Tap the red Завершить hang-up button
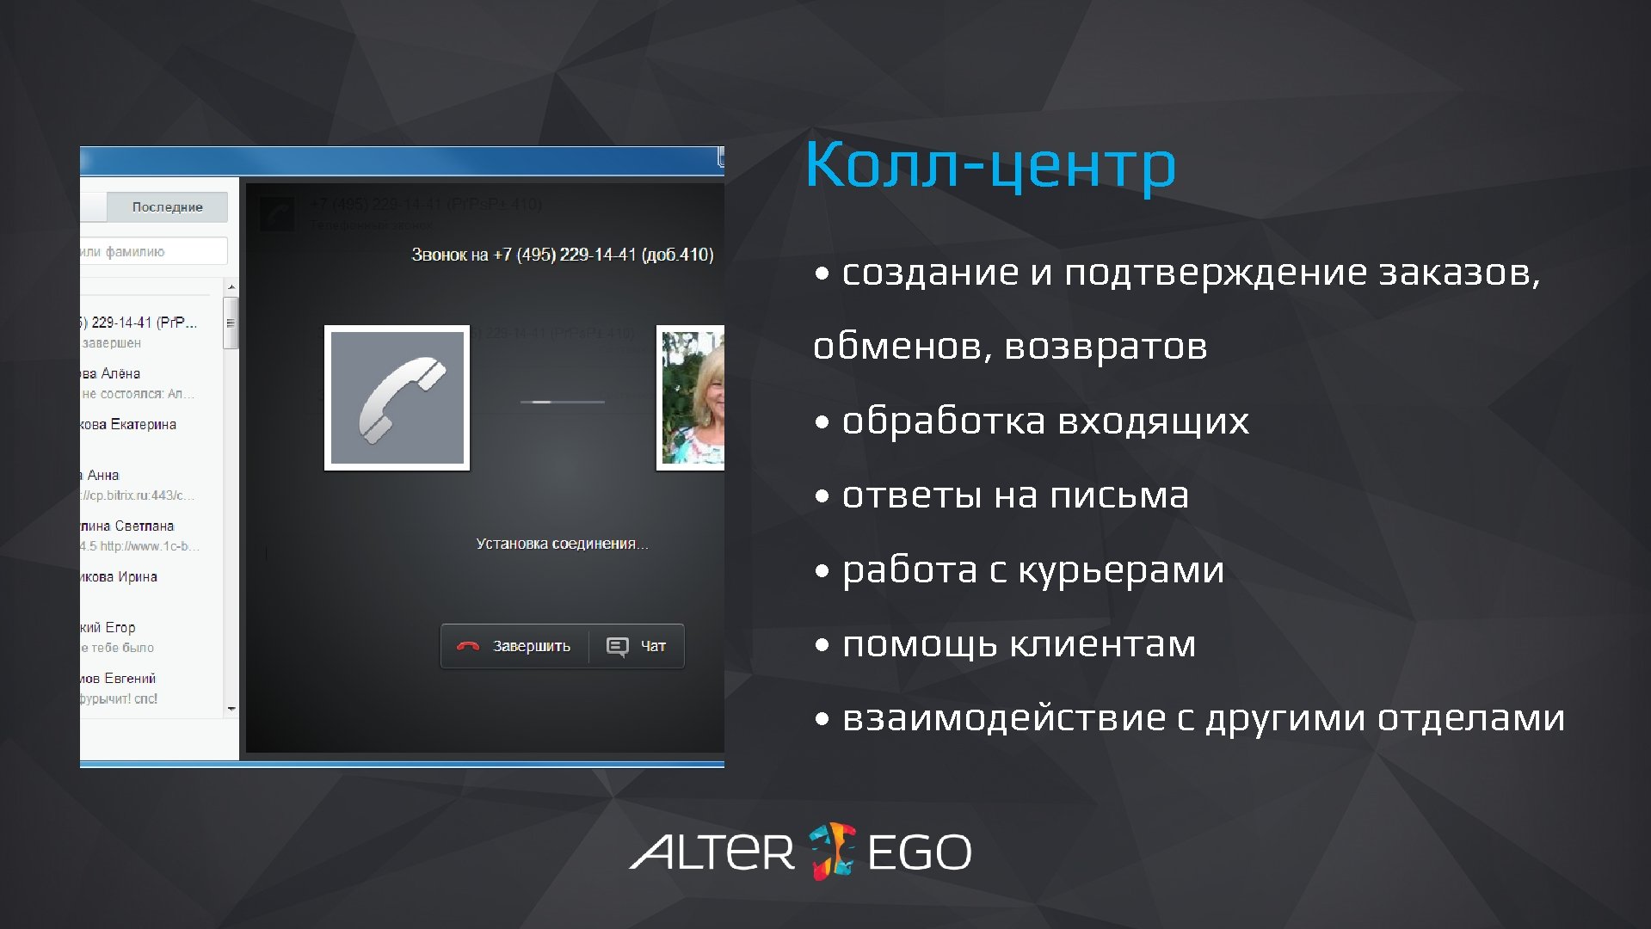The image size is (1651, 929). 514,646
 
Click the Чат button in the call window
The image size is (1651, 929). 637,646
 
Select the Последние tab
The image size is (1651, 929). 167,206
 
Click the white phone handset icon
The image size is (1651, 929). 397,397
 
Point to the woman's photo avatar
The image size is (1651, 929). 692,397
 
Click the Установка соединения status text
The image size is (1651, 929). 562,544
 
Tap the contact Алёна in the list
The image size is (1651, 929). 120,373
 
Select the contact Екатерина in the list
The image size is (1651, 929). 142,424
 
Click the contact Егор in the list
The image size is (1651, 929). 120,627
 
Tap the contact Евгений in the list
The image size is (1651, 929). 129,678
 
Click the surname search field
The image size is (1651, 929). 153,251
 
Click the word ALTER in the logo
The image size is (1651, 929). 712,852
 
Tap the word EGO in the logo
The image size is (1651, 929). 919,852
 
